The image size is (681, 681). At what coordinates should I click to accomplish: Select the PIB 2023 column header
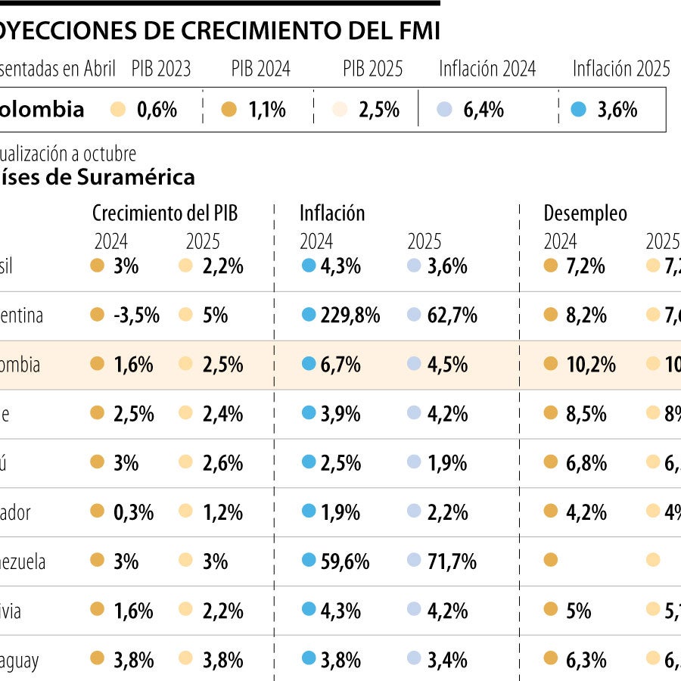[x=161, y=69]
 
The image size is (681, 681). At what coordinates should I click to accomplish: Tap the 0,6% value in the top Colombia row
[x=157, y=110]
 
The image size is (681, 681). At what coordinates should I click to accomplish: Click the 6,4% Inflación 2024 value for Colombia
[x=484, y=110]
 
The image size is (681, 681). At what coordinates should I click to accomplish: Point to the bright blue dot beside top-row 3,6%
[x=579, y=110]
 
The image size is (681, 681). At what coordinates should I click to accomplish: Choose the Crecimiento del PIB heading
[x=165, y=213]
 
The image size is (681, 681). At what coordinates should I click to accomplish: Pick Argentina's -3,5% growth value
[x=136, y=316]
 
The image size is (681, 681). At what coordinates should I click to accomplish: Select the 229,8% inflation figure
[x=350, y=316]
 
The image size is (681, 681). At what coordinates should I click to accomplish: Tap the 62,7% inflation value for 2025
[x=452, y=316]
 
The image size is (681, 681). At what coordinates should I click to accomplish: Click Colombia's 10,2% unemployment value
[x=591, y=365]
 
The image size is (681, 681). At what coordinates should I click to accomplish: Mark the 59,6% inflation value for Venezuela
[x=345, y=561]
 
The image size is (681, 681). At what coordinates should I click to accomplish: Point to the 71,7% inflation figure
[x=452, y=561]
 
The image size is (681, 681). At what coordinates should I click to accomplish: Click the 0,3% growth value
[x=133, y=512]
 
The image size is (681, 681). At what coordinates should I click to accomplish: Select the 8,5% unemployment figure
[x=586, y=414]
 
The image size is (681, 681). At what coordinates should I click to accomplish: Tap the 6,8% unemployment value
[x=586, y=463]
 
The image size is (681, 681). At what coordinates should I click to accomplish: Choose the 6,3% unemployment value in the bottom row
[x=586, y=660]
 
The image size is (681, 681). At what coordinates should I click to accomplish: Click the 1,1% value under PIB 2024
[x=267, y=110]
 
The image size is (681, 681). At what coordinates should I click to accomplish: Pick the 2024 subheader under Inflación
[x=316, y=241]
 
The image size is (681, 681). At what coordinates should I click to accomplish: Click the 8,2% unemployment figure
[x=586, y=316]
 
